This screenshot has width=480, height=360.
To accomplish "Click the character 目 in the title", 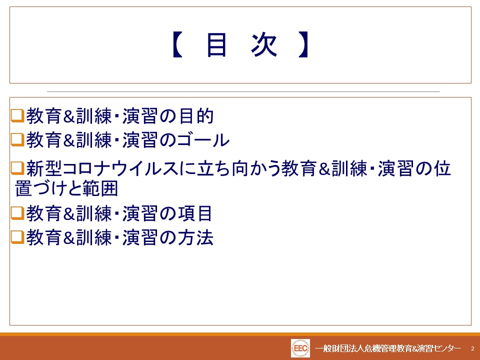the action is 216,45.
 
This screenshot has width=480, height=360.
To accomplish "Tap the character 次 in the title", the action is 264,45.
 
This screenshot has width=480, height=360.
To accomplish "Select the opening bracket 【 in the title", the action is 177,45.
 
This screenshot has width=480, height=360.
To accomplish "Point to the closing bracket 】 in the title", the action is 303,45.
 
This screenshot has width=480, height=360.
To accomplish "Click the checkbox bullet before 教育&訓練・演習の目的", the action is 17,116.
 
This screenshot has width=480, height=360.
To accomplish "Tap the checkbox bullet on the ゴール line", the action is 17,140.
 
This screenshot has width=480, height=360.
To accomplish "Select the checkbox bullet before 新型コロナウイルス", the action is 17,168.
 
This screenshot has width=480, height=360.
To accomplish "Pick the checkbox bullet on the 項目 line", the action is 17,213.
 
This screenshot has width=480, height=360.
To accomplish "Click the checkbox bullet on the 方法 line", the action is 17,237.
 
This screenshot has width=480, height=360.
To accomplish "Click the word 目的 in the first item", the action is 196,116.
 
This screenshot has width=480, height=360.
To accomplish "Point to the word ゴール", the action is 203,140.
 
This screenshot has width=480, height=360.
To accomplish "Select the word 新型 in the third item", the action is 44,168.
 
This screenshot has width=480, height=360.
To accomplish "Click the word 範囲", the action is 100,188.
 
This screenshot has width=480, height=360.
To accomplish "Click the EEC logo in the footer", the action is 300,348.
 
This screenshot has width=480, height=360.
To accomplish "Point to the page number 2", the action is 472,348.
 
